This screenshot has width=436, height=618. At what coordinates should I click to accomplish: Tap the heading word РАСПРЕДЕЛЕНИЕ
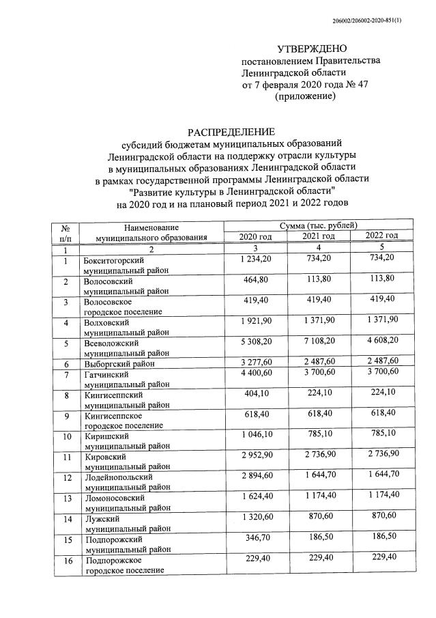231,132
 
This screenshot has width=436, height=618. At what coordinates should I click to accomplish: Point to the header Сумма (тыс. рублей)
318,225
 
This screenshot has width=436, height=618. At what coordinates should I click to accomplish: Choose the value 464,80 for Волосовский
257,279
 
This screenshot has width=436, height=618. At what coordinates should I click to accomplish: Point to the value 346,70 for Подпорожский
257,539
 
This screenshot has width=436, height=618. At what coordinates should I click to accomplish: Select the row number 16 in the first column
66,561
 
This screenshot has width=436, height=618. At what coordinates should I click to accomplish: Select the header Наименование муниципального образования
151,231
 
